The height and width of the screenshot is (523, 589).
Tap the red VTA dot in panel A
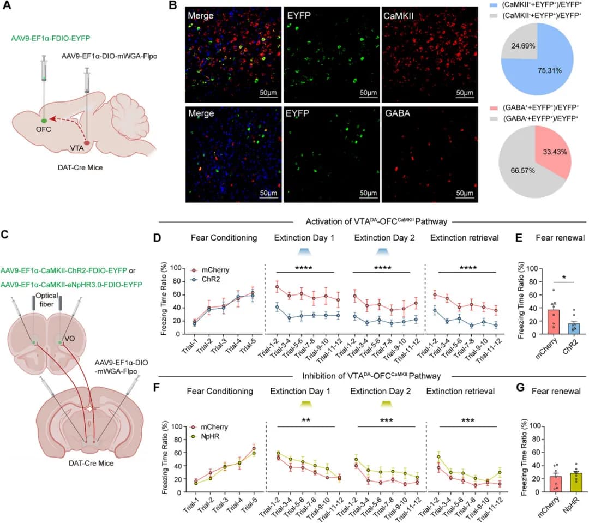(x=87, y=143)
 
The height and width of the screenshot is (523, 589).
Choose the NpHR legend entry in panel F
(x=201, y=436)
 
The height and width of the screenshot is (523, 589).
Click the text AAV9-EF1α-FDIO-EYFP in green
(x=50, y=39)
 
